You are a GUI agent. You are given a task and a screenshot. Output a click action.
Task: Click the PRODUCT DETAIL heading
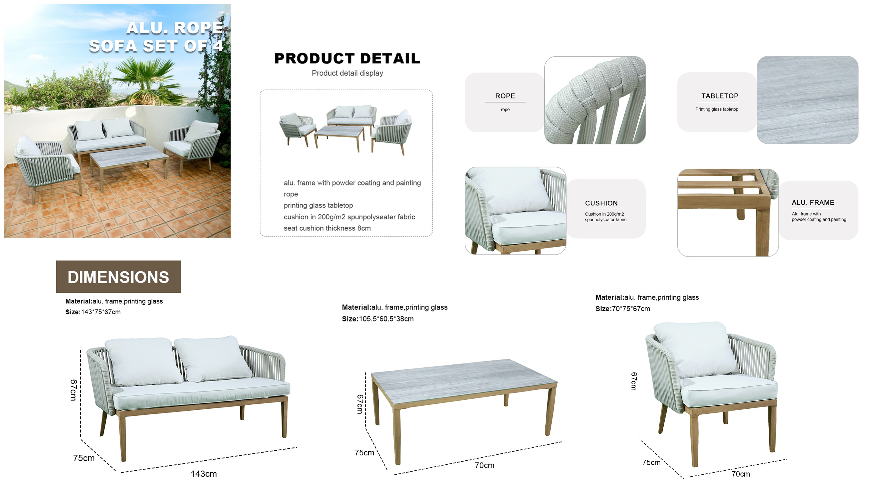pos(347,58)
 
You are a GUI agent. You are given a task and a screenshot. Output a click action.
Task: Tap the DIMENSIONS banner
pos(118,277)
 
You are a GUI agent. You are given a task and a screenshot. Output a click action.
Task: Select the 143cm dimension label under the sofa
pos(204,474)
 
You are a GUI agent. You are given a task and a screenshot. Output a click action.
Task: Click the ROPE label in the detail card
pos(505,96)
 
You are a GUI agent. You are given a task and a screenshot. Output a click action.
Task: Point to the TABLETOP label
pos(720,96)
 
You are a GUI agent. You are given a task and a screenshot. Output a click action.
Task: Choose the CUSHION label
pos(601,203)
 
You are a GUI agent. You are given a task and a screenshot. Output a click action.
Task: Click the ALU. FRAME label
pos(813,202)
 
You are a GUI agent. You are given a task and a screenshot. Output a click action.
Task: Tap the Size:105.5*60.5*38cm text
pos(377,319)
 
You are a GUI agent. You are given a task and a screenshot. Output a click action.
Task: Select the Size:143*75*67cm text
pos(93,312)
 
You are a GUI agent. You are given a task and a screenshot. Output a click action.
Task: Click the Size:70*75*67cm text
pos(622,309)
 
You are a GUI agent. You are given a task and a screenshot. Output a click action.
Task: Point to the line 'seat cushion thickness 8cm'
pos(327,228)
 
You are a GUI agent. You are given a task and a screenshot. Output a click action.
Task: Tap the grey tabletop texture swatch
pos(807,100)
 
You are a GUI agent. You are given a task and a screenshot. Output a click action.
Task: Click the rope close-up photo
pos(595,100)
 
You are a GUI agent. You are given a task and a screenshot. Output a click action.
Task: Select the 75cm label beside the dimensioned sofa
pos(83,458)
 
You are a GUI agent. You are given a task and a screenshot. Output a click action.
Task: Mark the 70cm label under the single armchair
pos(741,474)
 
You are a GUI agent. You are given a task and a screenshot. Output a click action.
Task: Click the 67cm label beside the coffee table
pos(360,404)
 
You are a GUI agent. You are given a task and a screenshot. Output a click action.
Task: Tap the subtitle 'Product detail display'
pos(347,73)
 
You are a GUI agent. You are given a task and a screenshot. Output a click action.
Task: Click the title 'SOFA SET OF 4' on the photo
pos(156,46)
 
